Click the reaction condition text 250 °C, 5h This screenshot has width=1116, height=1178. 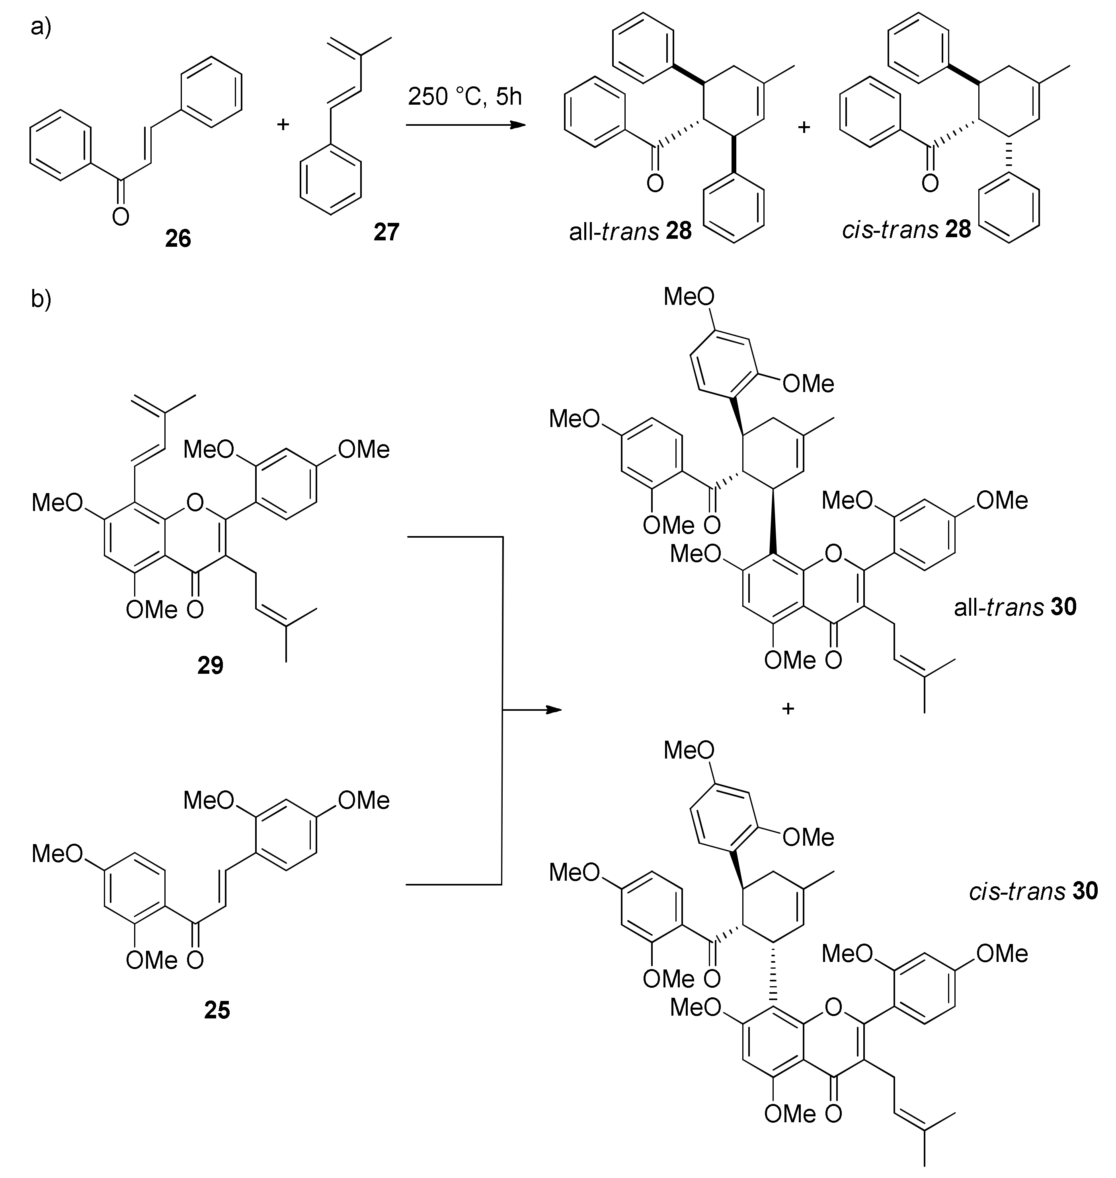coord(464,96)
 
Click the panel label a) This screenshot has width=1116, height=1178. coord(41,27)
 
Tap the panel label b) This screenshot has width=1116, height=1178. coord(41,299)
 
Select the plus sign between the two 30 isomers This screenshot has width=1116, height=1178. coord(788,708)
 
